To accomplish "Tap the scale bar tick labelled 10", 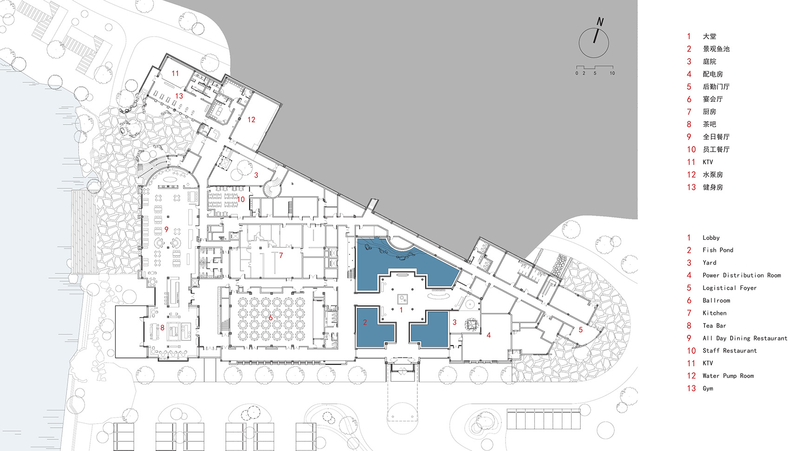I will point(612,73).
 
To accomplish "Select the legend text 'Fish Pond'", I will point(718,250).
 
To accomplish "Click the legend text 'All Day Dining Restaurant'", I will point(744,338).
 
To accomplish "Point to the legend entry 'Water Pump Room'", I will point(728,376).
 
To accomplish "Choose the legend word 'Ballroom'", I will point(716,300).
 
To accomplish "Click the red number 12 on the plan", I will point(251,119).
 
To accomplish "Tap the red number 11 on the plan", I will point(175,73).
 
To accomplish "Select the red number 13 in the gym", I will point(179,96).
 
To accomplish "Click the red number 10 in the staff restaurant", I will point(241,199).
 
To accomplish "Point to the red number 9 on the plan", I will point(166,229).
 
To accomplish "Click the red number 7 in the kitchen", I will point(281,255).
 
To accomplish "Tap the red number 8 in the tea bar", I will point(162,327).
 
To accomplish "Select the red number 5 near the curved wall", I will point(580,330).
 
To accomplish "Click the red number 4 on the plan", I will point(488,335).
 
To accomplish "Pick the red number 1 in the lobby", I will point(401,310).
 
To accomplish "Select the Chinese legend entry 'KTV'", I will point(707,162).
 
